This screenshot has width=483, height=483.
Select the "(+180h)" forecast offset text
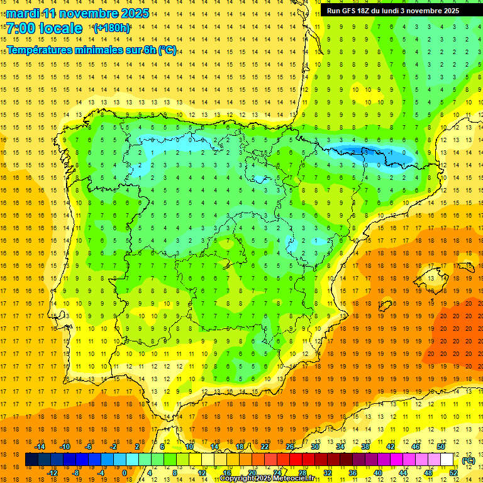click(112, 28)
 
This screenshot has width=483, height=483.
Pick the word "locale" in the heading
click(60, 28)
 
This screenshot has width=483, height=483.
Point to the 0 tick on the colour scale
click(124, 473)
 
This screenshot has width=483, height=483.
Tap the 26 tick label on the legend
click(290, 447)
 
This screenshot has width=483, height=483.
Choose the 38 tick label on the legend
click(365, 447)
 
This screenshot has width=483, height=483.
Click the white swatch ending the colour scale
click(447, 460)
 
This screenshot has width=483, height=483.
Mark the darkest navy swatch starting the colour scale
click(31, 460)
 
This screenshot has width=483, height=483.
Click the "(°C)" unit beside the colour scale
click(468, 460)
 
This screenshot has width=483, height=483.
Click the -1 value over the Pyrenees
click(391, 152)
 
